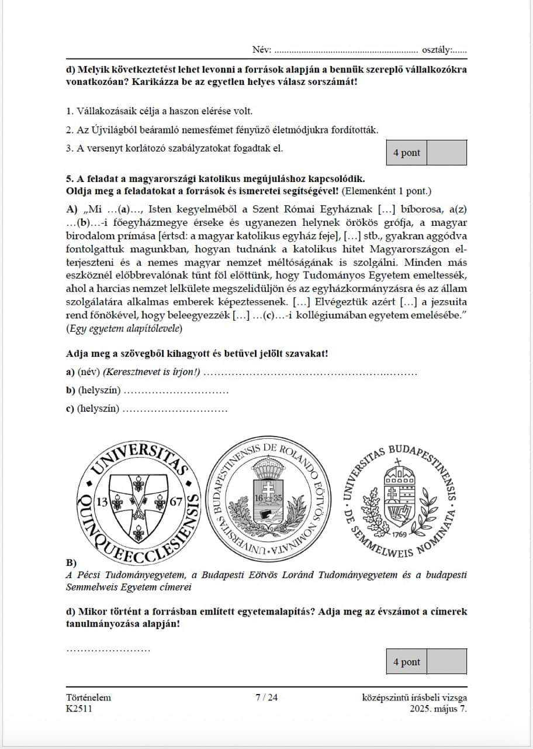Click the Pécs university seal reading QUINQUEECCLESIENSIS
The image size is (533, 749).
pos(139,499)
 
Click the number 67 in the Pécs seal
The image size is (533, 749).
pos(177,501)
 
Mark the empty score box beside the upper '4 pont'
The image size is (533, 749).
pos(447,153)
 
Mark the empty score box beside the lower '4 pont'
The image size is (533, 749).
pos(447,662)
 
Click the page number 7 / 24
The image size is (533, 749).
pos(266,698)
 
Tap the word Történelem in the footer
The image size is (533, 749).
pos(89,698)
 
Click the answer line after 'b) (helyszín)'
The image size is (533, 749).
pos(176,391)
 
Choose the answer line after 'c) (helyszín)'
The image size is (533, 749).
pos(175,409)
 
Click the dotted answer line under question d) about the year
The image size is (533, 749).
pos(109,648)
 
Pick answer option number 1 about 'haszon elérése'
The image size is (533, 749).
pos(69,111)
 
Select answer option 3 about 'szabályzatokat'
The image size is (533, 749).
pos(69,148)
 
